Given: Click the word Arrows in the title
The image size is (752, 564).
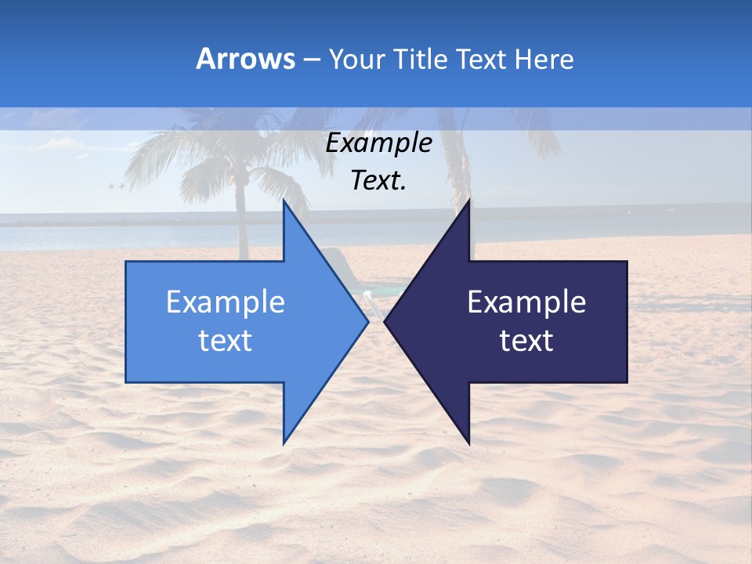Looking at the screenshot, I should [x=245, y=59].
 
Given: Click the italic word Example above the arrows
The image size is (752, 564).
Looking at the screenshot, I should [x=378, y=143].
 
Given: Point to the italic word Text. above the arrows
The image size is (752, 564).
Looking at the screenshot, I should [x=378, y=181].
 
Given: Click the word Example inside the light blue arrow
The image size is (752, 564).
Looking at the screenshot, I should [x=226, y=302].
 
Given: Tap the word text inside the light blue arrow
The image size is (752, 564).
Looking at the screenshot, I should [x=226, y=341].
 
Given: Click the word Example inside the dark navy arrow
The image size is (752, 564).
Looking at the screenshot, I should [x=526, y=302].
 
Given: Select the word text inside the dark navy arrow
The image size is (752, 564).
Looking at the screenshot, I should [x=526, y=341].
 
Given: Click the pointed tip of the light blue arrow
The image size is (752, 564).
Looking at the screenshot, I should [x=367, y=321].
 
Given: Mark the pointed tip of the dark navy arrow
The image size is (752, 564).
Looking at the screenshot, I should [x=385, y=321].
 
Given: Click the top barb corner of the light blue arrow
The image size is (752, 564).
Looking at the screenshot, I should [x=284, y=201].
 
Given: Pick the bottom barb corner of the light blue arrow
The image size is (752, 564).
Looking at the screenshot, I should [x=284, y=443].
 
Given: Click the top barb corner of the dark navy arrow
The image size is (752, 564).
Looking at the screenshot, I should [x=469, y=201].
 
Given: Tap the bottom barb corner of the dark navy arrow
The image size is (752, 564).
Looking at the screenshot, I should [x=469, y=443].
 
